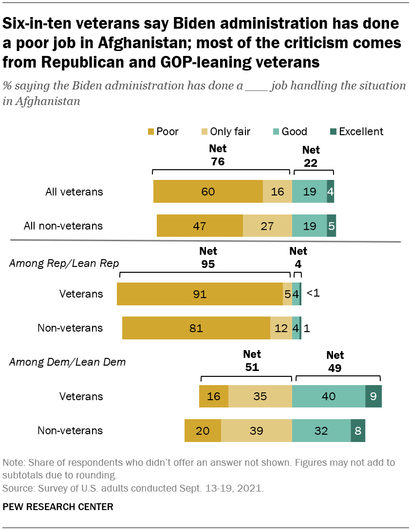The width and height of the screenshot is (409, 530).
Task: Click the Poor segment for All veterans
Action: point(208,191)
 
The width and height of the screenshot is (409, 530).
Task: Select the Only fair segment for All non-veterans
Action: point(267,226)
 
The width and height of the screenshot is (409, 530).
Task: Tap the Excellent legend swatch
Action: point(333,131)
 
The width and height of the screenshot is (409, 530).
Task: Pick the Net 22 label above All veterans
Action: point(311,157)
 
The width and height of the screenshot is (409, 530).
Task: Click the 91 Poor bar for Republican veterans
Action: point(200,294)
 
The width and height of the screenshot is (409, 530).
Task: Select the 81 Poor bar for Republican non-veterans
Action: point(196,328)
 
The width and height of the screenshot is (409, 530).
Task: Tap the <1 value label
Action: point(313,294)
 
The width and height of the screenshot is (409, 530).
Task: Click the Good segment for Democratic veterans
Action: point(329,396)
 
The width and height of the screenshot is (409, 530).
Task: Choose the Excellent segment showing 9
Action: point(373,396)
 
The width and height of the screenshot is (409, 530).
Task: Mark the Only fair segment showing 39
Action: point(257,430)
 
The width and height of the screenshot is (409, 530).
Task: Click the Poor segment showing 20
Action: point(203,430)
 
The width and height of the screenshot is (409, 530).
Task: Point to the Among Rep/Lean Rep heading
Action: point(64,263)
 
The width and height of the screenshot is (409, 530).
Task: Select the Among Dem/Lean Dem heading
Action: point(67,361)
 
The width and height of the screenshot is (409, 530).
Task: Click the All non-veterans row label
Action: point(63,226)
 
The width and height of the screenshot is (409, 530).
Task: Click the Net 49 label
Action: point(335,362)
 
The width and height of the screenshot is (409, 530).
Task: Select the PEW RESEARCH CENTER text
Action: point(58,507)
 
